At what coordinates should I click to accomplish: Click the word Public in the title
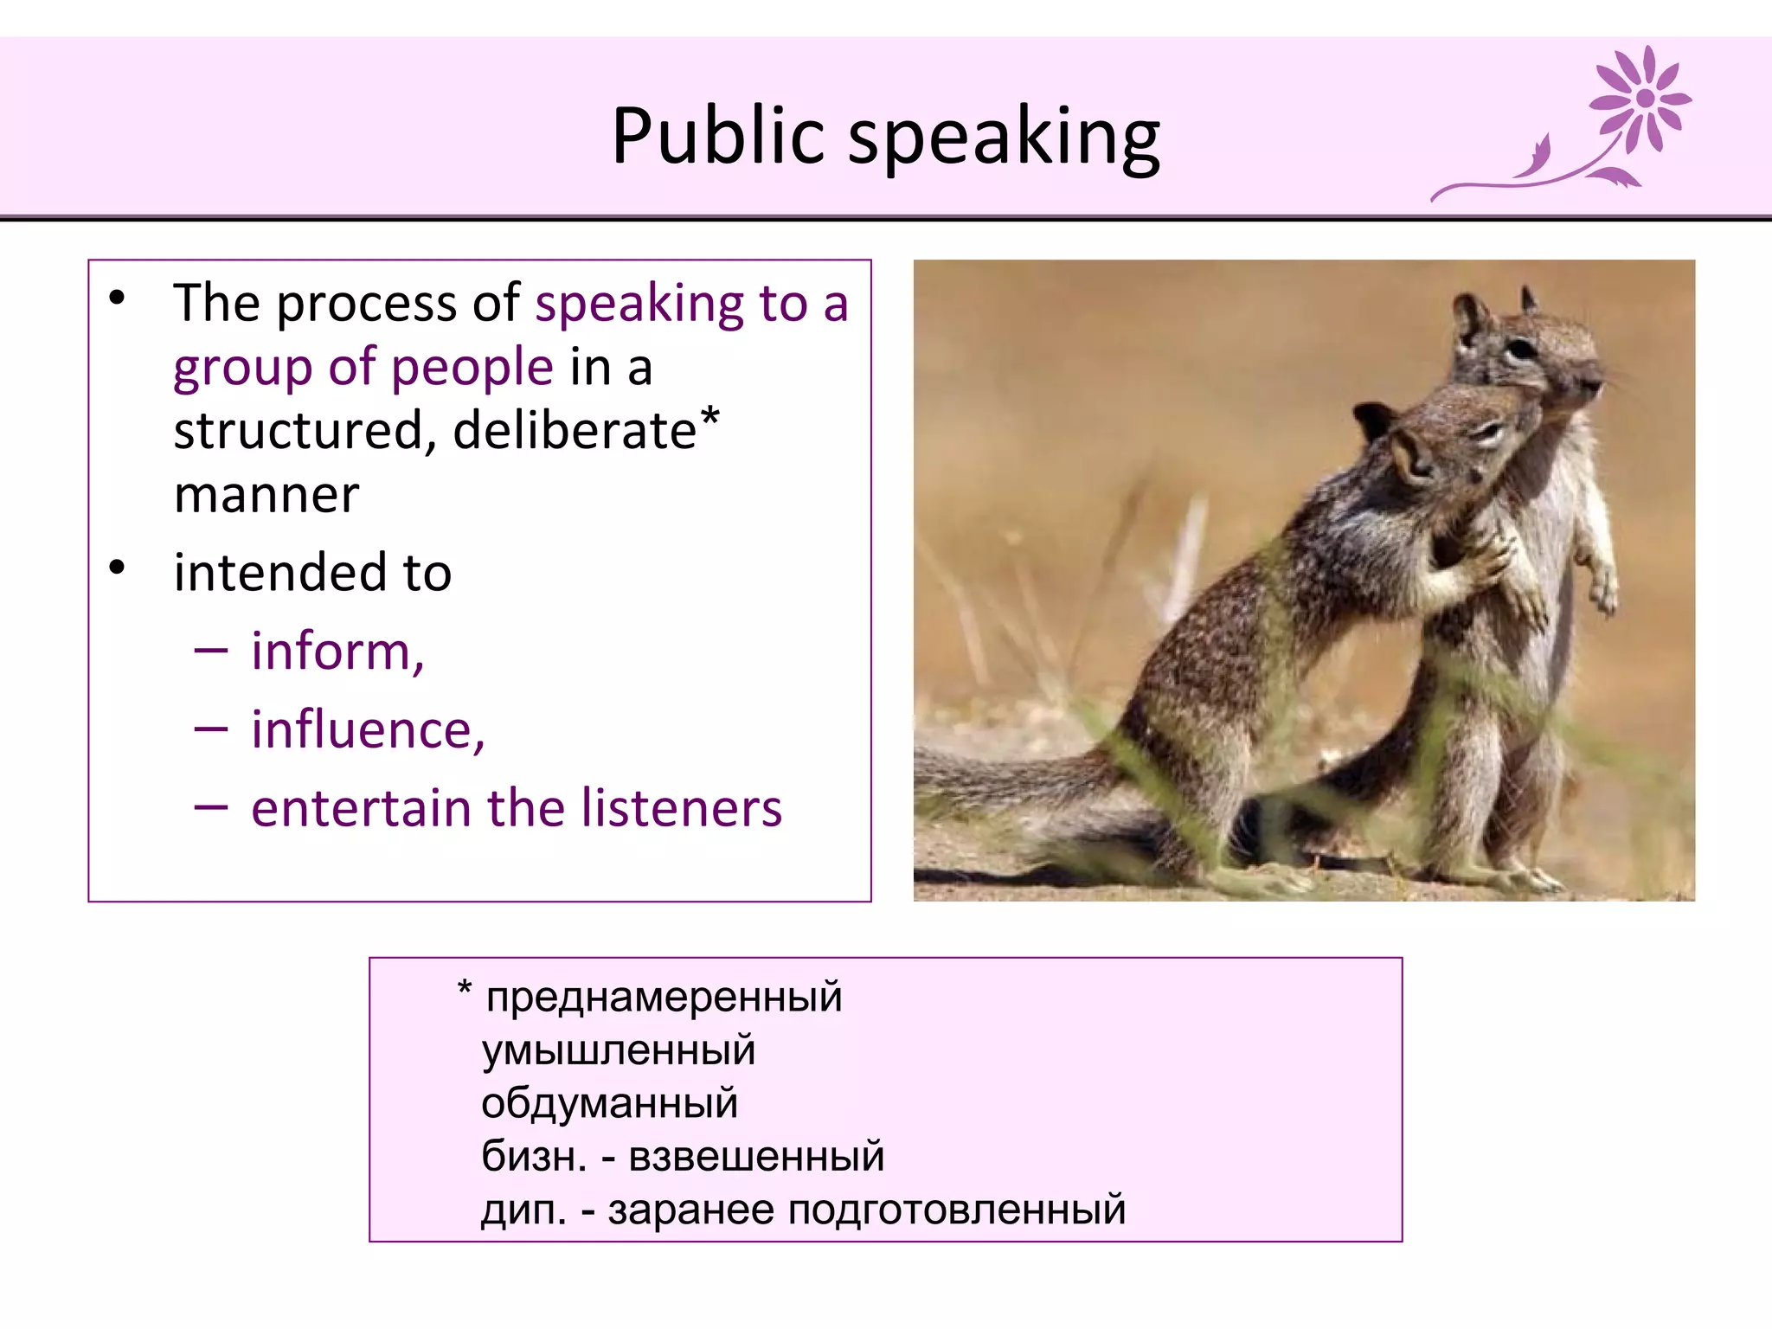718,136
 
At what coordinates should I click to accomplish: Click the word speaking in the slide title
1004,138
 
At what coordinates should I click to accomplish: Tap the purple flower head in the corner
1643,98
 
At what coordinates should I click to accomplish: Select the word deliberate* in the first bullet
585,430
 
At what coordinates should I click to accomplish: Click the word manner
266,496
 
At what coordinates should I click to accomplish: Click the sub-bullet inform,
337,652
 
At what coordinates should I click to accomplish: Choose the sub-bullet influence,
368,730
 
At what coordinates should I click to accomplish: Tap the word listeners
681,809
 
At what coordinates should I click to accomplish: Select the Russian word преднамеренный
664,997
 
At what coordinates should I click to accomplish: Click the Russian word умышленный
618,1050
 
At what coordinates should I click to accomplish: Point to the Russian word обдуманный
609,1104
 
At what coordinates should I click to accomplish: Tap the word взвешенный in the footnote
756,1157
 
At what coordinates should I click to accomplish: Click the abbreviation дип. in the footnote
523,1210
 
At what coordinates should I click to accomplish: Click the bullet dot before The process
117,299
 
